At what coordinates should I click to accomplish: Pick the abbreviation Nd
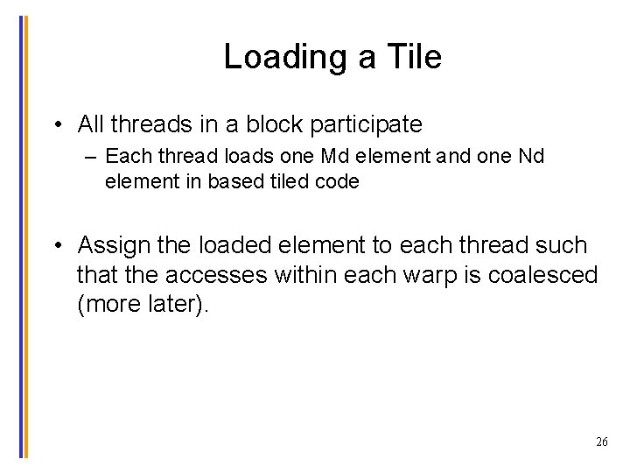(x=530, y=157)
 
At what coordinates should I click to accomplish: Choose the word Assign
(x=117, y=245)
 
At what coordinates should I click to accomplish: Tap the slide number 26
(x=601, y=442)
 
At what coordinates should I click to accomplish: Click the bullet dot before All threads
(x=56, y=125)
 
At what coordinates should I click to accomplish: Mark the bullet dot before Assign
(x=56, y=245)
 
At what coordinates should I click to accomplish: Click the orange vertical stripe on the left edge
(x=25, y=236)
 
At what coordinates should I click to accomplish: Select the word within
(x=305, y=276)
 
